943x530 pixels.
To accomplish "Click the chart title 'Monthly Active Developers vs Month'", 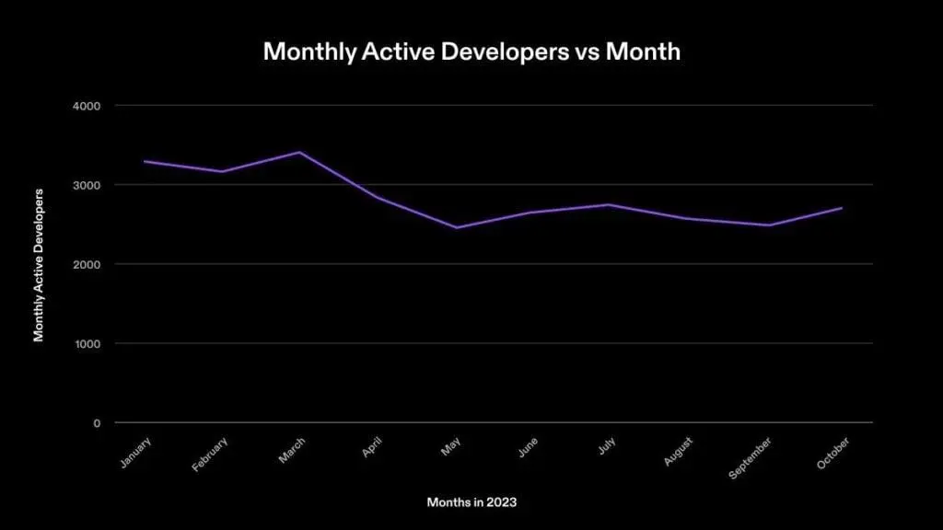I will coord(471,52).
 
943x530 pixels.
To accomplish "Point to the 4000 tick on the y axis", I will coord(87,106).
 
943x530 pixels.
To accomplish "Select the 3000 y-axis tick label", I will coord(87,185).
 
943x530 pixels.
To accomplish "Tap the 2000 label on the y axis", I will coord(87,265).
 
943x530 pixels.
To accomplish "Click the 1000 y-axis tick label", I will coord(87,344).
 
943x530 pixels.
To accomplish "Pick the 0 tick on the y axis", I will coord(97,423).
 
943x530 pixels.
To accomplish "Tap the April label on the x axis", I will coord(372,446).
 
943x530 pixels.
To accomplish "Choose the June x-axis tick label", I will coord(528,446).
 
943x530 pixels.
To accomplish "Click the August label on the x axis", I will coord(680,450).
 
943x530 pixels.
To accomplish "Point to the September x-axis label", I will coord(751,455).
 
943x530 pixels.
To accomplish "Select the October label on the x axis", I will coord(833,451).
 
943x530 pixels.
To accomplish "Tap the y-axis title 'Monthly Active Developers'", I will coord(39,264).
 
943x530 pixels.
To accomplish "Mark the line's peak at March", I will coord(300,152).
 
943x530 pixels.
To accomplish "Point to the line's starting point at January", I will coord(144,161).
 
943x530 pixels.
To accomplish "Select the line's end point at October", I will coord(842,208).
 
